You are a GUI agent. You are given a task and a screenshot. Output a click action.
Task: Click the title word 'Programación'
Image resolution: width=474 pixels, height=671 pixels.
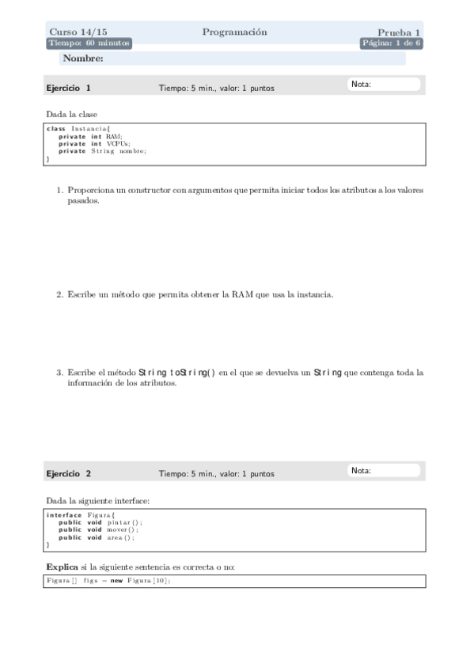point(234,32)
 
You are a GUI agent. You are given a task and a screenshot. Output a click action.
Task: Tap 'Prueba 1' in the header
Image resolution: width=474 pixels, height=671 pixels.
point(399,32)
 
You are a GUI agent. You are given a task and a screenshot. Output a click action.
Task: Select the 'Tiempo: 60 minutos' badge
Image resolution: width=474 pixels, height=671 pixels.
point(89,44)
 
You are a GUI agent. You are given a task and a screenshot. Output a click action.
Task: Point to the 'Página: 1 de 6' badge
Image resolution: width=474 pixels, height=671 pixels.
point(391,44)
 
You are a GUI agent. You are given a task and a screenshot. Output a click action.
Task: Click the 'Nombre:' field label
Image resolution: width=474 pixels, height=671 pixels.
point(83,59)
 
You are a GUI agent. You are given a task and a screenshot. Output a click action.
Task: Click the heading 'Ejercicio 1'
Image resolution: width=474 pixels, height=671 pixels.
point(68,88)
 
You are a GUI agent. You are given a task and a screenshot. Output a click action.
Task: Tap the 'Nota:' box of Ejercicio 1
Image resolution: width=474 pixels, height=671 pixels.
point(384,85)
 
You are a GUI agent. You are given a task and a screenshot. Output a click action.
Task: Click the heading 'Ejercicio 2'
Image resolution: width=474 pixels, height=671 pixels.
point(68,474)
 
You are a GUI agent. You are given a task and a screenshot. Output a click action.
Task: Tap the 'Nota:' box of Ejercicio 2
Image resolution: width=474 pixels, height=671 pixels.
point(384,471)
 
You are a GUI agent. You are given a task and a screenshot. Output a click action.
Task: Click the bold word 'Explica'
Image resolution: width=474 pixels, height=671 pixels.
point(62,567)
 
